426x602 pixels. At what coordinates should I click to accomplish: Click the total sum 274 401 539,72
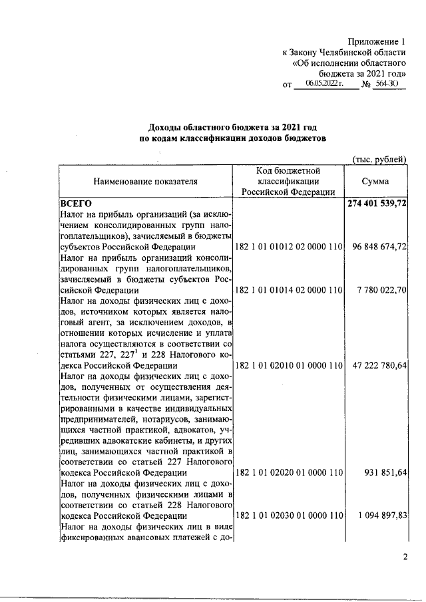pos(377,204)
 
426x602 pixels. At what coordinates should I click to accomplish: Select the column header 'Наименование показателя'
pos(145,181)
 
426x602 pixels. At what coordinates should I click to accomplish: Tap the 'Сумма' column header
pos(375,181)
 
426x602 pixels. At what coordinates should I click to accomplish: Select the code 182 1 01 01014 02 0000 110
pos(289,291)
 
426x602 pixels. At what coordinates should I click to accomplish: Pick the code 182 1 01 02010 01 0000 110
pos(289,366)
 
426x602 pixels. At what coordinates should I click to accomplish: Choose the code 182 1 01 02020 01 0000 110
pos(289,473)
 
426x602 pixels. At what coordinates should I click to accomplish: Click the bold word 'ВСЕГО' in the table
pos(75,204)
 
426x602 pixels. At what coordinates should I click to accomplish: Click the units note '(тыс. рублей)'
pos(379,159)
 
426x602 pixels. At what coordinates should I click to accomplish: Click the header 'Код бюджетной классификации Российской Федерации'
pos(289,181)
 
